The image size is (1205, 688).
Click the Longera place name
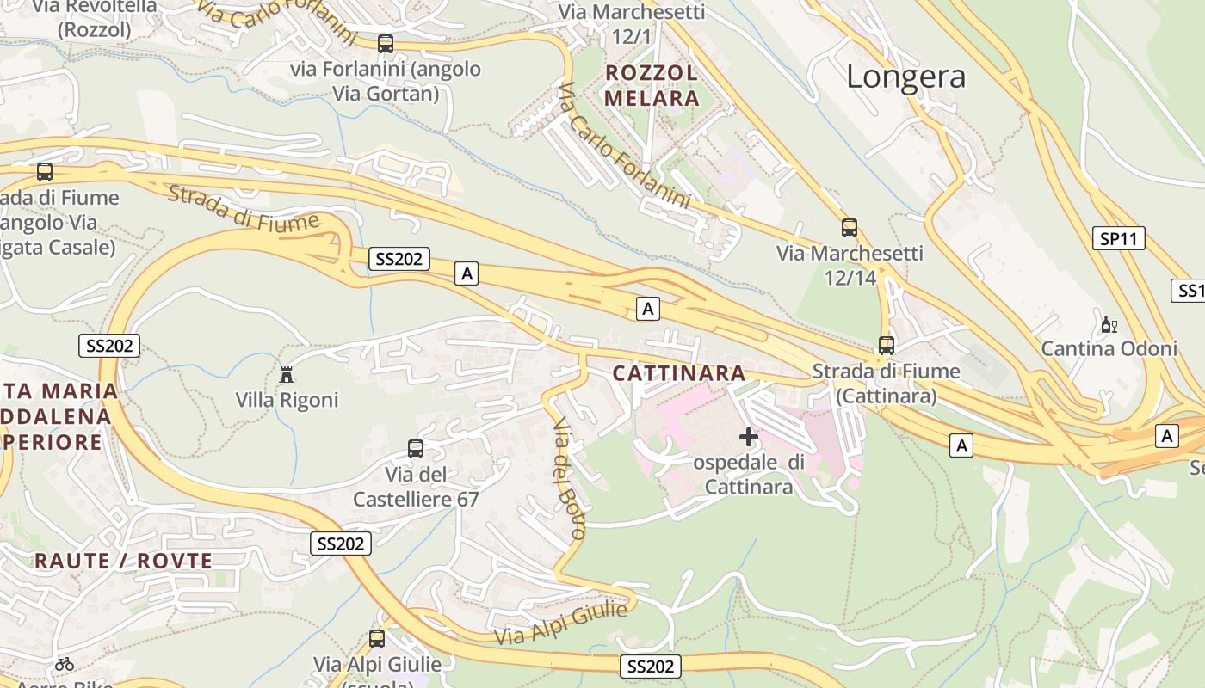point(905,77)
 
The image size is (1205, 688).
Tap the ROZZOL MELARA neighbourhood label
point(652,85)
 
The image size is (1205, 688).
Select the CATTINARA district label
point(679,373)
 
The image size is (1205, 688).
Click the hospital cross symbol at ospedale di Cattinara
point(749,437)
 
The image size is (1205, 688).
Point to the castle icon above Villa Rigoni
point(287,374)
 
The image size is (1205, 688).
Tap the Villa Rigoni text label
point(287,400)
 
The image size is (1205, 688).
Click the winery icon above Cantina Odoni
point(1109,324)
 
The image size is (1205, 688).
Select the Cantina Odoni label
point(1109,348)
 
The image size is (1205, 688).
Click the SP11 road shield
point(1119,239)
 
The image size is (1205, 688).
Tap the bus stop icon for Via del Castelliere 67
point(416,449)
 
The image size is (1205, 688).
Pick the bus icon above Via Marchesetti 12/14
point(850,228)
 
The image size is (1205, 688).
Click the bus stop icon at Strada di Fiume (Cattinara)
point(887,346)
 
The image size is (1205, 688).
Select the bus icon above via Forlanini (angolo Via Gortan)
point(386,43)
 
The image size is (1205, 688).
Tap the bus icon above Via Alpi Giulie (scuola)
point(377,639)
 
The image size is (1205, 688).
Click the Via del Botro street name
point(569,478)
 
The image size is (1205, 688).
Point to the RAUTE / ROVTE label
point(123,562)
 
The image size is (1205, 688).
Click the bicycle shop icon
point(65,664)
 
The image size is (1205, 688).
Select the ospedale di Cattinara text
point(749,475)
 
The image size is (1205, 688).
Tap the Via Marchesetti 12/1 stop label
point(632,24)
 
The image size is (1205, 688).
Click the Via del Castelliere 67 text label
point(416,487)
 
